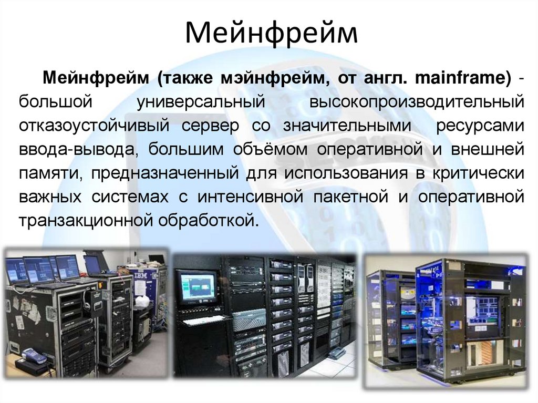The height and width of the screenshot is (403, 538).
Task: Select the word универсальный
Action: (x=200, y=102)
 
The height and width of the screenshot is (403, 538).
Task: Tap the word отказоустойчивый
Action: (x=94, y=126)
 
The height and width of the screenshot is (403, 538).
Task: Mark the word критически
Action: (x=478, y=173)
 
